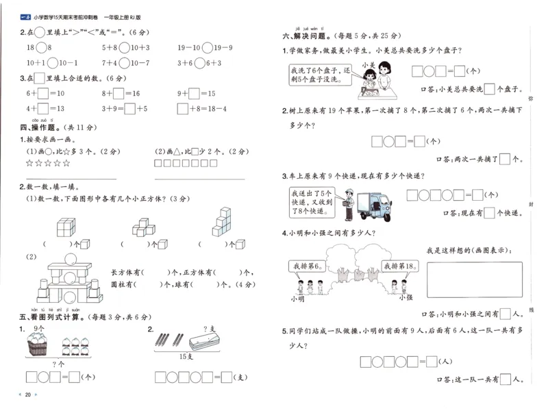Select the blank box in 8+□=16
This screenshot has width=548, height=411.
(119, 93)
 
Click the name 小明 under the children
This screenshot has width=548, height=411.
(297, 298)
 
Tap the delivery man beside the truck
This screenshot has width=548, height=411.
(349, 203)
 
